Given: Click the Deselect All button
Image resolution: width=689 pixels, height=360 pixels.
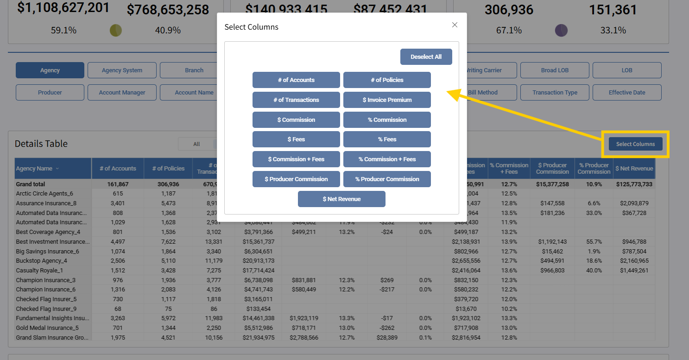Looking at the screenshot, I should coord(426,57).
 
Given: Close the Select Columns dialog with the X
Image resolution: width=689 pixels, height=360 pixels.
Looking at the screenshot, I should coord(455,25).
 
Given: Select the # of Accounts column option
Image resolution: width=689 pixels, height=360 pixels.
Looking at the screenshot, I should coord(296,80).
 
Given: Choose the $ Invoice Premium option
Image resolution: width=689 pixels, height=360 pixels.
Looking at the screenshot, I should coord(387,100).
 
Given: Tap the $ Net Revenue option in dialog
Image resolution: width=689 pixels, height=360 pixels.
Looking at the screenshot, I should coord(341,199).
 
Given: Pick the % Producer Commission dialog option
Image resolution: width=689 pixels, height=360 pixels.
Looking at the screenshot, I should coord(387,179).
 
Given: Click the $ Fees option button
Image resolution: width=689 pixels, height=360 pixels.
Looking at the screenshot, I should coord(296,139).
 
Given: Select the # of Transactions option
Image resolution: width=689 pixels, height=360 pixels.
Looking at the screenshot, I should coord(296,100).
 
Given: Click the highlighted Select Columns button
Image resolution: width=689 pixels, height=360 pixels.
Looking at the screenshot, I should coord(635,144).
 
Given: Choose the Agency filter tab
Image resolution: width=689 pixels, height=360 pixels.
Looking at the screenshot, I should coord(50,70).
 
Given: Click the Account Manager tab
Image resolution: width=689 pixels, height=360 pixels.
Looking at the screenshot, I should coord(122,93).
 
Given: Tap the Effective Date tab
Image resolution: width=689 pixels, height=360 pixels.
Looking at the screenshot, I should coord(626,93).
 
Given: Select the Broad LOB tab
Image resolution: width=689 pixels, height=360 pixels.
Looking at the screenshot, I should coord(555,70).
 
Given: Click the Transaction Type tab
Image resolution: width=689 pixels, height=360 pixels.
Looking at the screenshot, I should coord(555,93).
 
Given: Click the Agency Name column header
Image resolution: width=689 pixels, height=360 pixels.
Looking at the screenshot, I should coord(34,169).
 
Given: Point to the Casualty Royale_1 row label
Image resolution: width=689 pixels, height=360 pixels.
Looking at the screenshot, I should coord(39,271).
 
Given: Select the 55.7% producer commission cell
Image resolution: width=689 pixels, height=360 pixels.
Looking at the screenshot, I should coord(594,242).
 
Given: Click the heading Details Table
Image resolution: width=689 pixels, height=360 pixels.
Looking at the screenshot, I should coord(41,144).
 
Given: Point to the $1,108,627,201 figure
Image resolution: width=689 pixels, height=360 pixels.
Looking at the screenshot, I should coord(63,8).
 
